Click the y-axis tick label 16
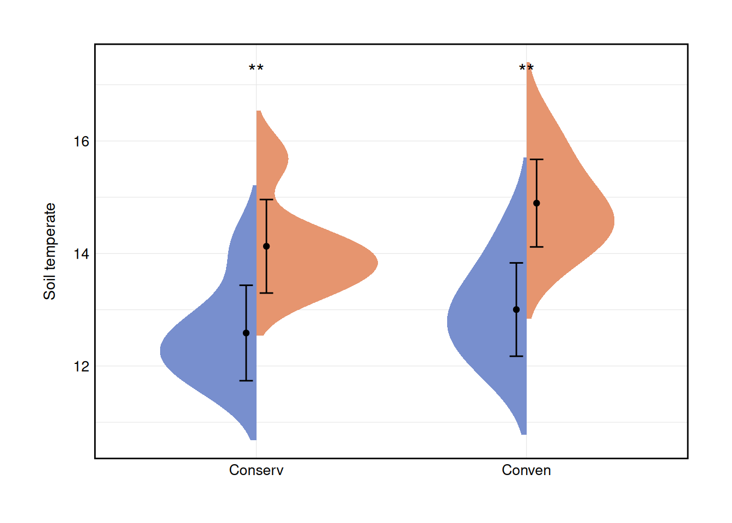pyautogui.click(x=81, y=142)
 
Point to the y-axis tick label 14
pyautogui.click(x=81, y=254)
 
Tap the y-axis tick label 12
pyautogui.click(x=81, y=367)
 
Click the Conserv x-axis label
pyautogui.click(x=256, y=470)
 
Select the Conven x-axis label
pyautogui.click(x=526, y=470)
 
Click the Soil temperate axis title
pyautogui.click(x=50, y=251)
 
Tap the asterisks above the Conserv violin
pyautogui.click(x=256, y=69)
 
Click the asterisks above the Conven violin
pyautogui.click(x=526, y=69)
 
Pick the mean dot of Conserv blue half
pyautogui.click(x=246, y=333)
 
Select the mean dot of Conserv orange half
pyautogui.click(x=266, y=246)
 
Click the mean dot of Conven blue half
pyautogui.click(x=516, y=309)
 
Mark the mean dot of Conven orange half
pyautogui.click(x=536, y=203)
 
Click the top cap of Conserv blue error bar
pyautogui.click(x=246, y=285)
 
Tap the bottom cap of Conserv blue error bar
pyautogui.click(x=246, y=380)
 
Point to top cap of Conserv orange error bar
pyautogui.click(x=266, y=200)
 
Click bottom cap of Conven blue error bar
pyautogui.click(x=516, y=356)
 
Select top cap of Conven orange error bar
pyautogui.click(x=536, y=160)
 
